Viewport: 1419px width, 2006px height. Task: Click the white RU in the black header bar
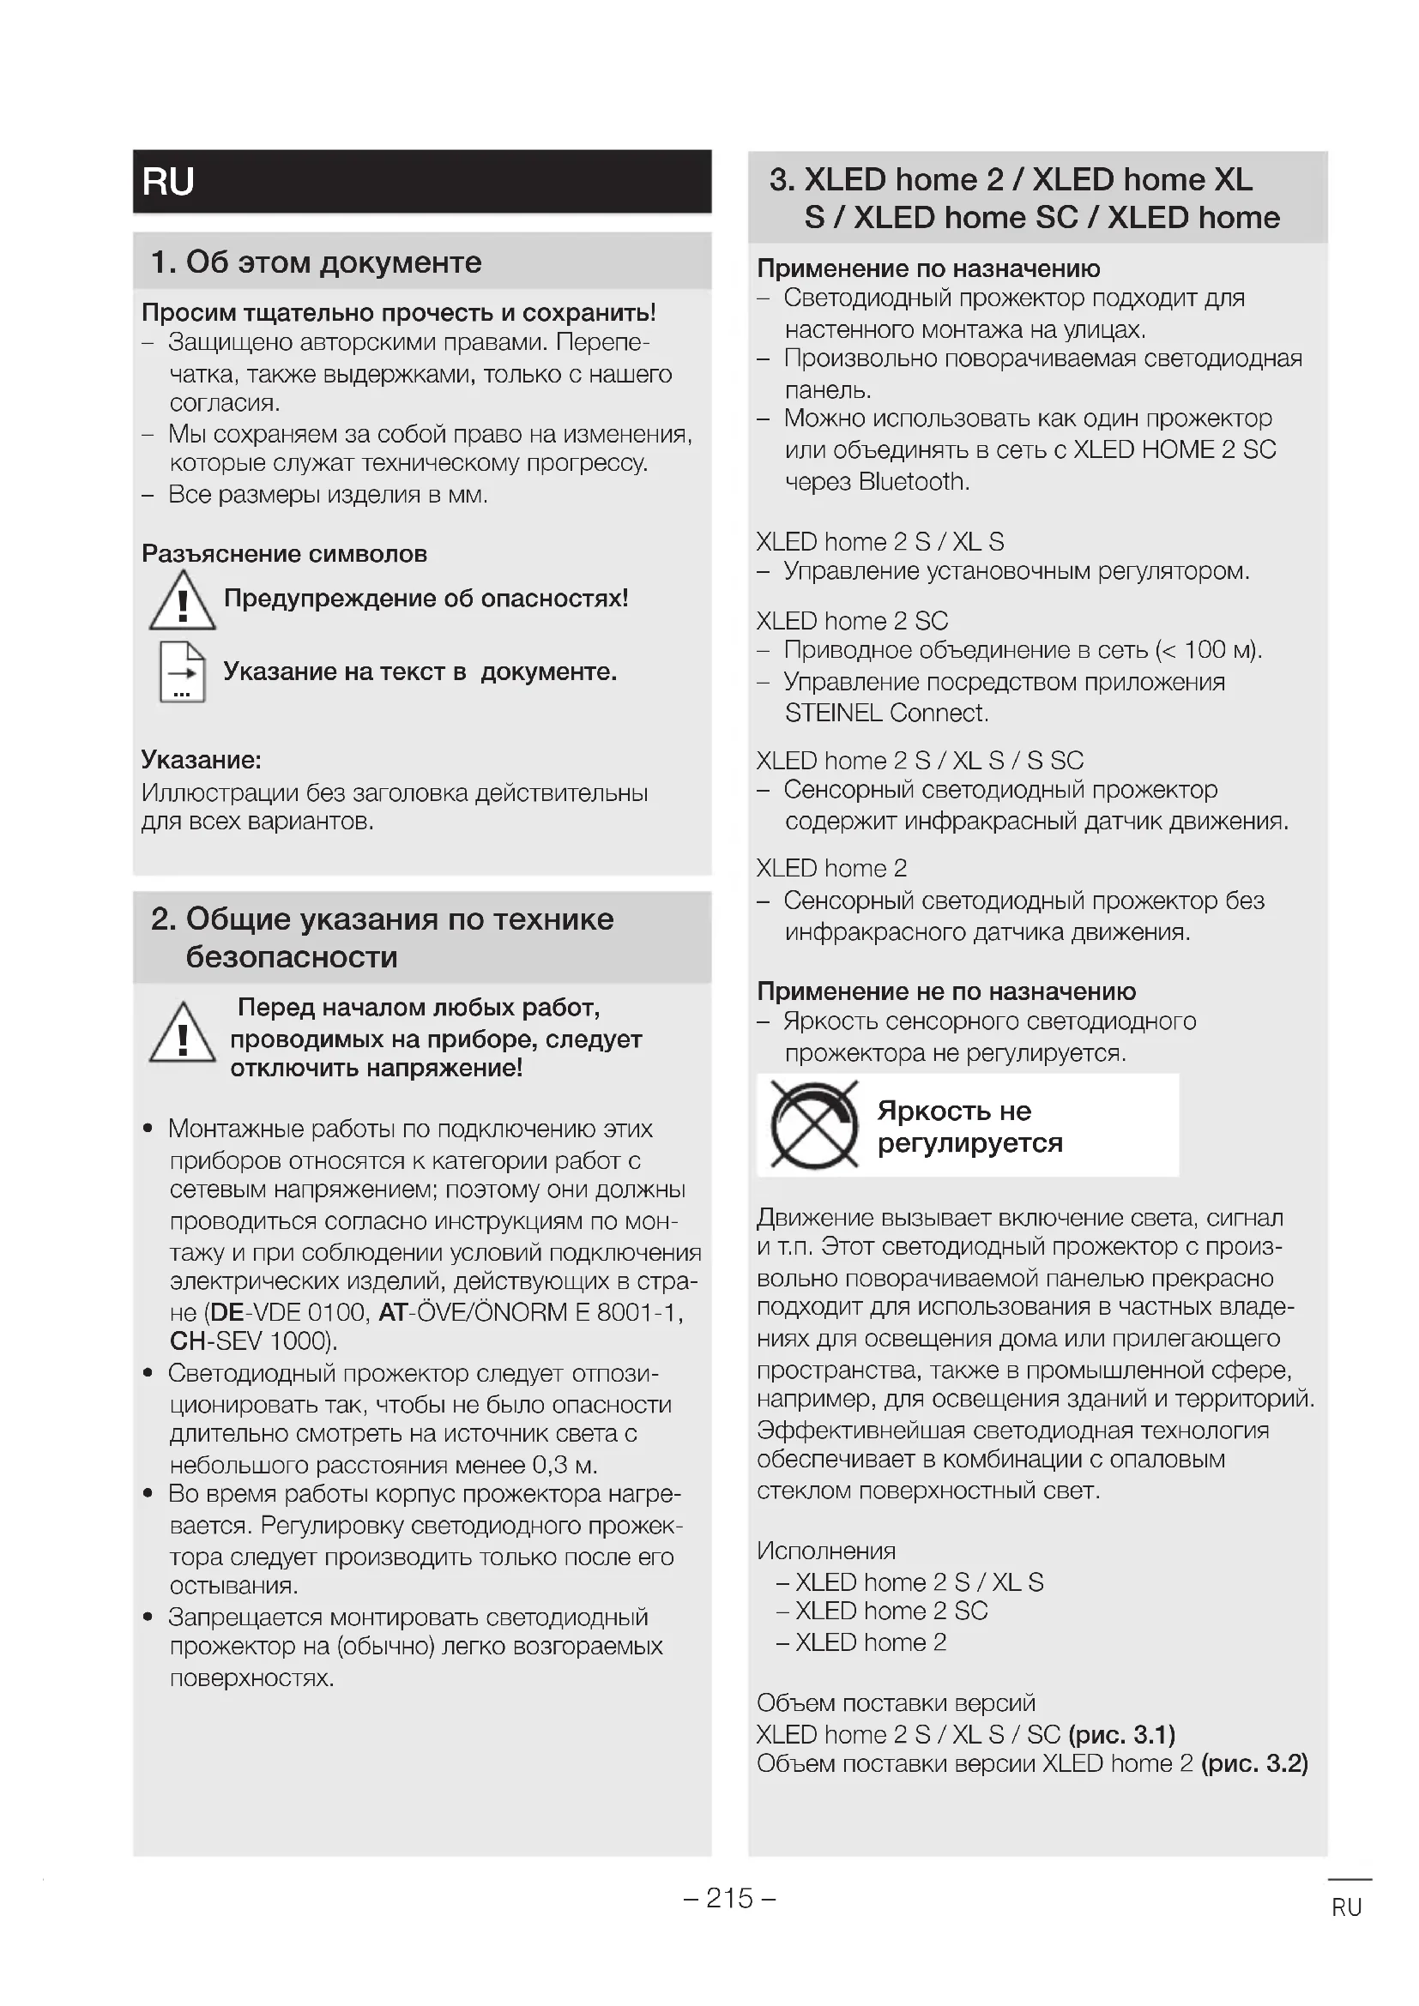click(168, 182)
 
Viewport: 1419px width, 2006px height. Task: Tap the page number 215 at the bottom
click(729, 1899)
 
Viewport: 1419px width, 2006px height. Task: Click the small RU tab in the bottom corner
click(1346, 1907)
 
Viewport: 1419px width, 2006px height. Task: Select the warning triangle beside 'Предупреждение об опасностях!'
click(182, 602)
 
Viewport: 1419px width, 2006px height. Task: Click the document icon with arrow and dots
click(182, 672)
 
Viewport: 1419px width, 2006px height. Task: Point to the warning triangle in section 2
click(182, 1034)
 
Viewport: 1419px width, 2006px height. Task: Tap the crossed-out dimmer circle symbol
click(814, 1125)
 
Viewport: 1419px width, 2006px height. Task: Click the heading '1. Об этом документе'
click(317, 262)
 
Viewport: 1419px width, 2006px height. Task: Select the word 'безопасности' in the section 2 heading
click(292, 958)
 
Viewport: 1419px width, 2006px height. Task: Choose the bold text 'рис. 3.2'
click(1255, 1764)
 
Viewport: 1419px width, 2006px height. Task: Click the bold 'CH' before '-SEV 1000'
click(187, 1341)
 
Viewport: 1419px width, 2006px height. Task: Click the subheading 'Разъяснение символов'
click(285, 554)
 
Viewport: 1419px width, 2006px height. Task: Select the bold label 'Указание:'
click(202, 760)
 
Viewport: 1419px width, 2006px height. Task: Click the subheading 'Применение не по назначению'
click(946, 991)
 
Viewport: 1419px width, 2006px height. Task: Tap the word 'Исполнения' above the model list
click(826, 1551)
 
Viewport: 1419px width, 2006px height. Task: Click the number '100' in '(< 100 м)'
click(1205, 650)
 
